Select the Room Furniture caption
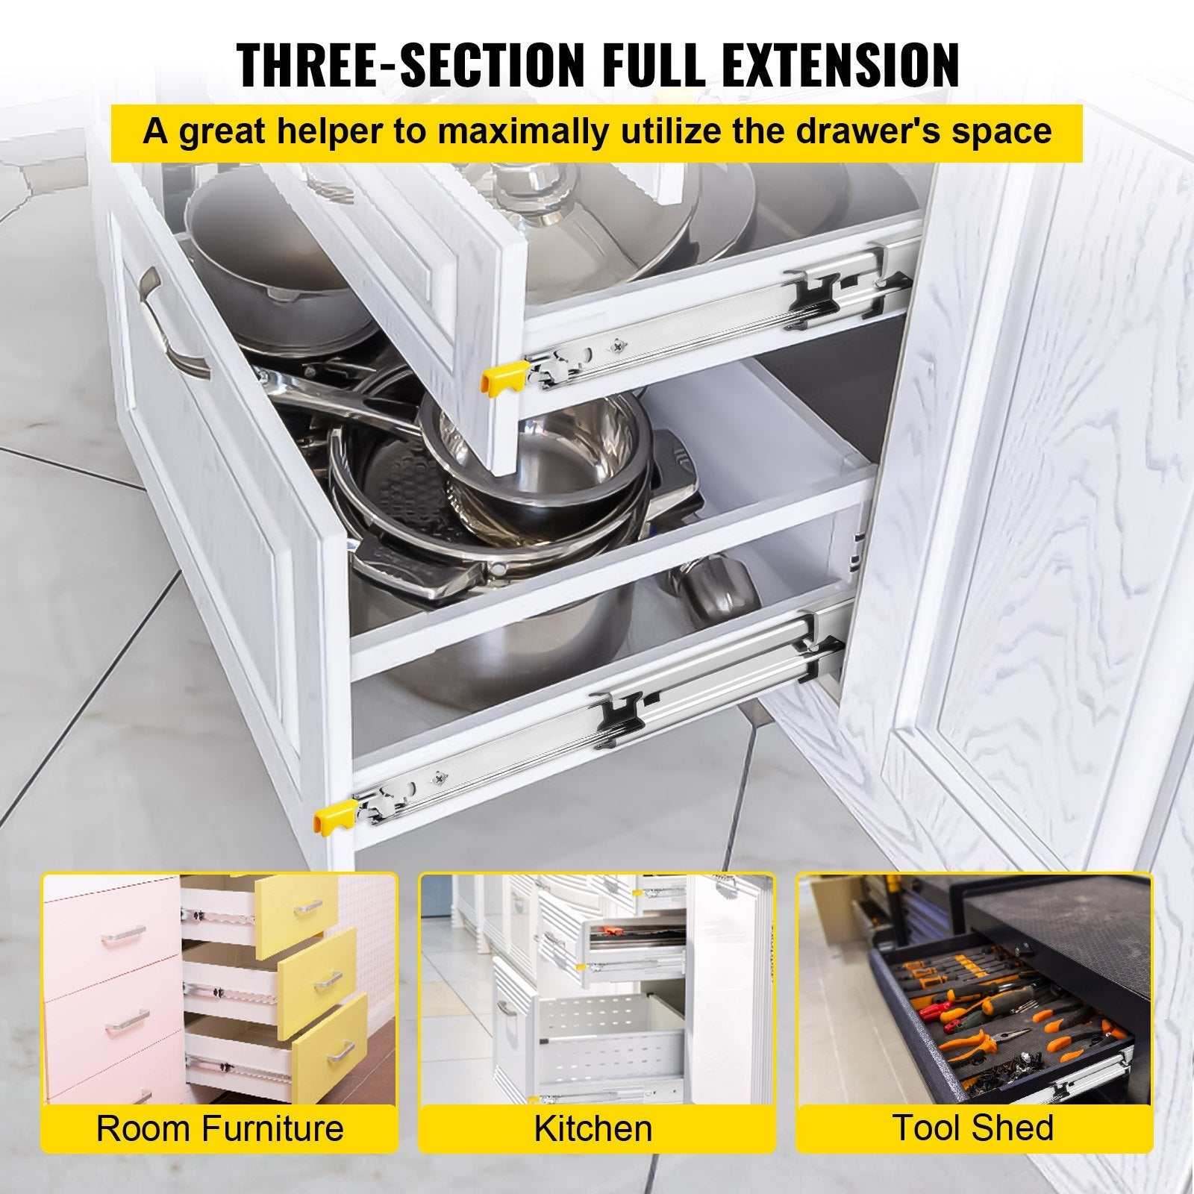click(x=219, y=1128)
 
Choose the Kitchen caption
click(x=593, y=1128)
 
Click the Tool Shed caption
click(x=974, y=1127)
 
